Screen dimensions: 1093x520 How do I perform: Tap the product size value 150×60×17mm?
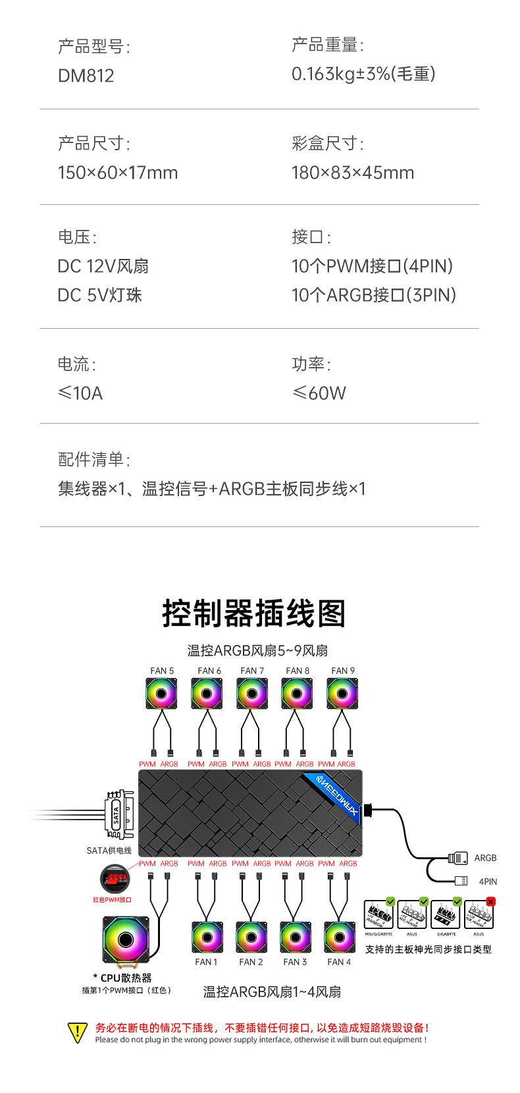click(118, 173)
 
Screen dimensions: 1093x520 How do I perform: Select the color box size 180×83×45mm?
click(353, 173)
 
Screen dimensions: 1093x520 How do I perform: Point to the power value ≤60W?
click(319, 393)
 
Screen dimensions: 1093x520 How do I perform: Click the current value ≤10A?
click(80, 393)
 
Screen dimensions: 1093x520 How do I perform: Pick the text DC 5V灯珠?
click(99, 294)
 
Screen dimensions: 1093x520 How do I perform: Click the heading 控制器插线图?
click(253, 613)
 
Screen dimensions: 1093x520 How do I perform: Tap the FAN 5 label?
click(162, 671)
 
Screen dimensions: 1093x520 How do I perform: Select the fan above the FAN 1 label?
click(207, 937)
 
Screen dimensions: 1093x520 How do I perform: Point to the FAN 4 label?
click(339, 962)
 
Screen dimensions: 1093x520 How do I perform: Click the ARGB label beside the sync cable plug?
click(485, 858)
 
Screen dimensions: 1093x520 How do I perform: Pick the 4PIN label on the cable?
click(488, 882)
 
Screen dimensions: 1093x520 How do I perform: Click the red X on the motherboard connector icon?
click(490, 901)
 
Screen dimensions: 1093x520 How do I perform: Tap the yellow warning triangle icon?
click(77, 1032)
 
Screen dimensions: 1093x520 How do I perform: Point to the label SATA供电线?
click(109, 851)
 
